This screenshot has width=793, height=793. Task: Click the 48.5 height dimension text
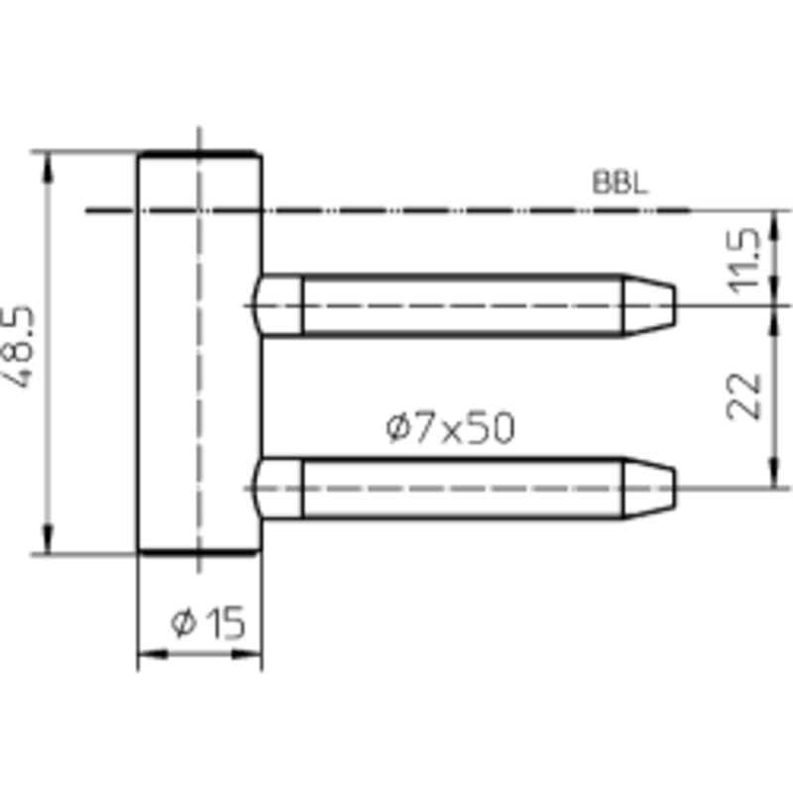(x=18, y=346)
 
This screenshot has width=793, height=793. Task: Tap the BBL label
(x=620, y=182)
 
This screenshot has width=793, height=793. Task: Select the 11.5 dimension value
(x=742, y=261)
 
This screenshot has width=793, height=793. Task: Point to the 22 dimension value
(x=742, y=396)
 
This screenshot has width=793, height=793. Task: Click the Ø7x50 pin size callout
(x=450, y=427)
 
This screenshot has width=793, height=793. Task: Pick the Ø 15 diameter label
(x=208, y=623)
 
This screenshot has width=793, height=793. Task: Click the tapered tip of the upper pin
(x=649, y=305)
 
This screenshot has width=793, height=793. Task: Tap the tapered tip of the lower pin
(x=649, y=489)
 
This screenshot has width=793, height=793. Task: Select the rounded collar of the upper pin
(x=278, y=305)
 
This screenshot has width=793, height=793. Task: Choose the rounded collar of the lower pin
(x=278, y=489)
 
